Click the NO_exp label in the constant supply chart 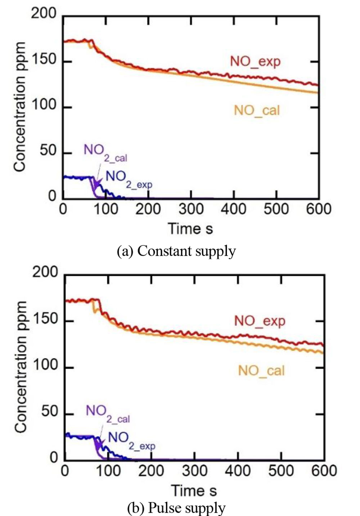tap(255, 62)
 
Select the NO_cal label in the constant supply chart tap(257, 110)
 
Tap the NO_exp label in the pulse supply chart tap(260, 320)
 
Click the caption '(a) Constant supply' tap(176, 251)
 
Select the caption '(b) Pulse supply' tap(176, 508)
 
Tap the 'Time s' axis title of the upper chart tap(190, 229)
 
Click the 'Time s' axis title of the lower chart tap(194, 490)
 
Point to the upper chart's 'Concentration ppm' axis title tap(20, 107)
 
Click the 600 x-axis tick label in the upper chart tap(318, 209)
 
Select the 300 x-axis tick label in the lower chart tap(195, 471)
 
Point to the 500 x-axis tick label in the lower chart tap(280, 471)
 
